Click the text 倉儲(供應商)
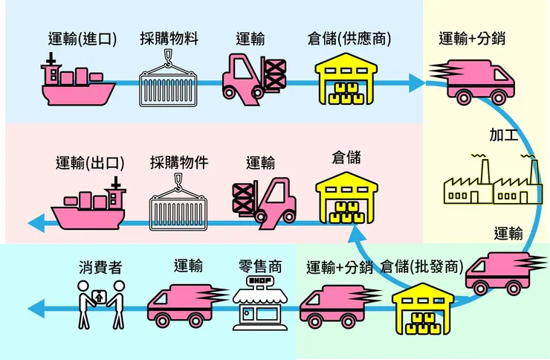[x=349, y=39]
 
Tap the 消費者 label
[x=100, y=266]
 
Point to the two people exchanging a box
[x=100, y=306]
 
